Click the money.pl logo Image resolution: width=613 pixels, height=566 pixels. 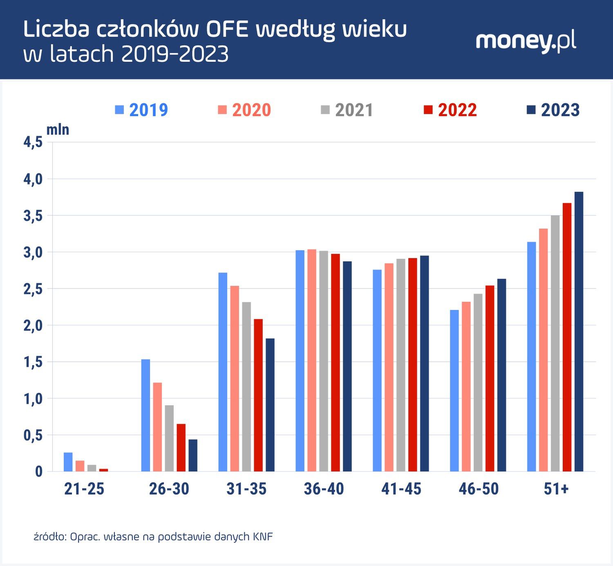(x=526, y=41)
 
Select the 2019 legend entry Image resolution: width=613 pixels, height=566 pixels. (x=142, y=110)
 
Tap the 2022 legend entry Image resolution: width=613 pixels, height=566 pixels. (x=450, y=110)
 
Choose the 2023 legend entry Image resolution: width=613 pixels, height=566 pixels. (x=553, y=110)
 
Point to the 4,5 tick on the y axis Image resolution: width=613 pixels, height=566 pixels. (x=33, y=142)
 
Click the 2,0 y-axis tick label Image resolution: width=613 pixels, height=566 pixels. (x=33, y=326)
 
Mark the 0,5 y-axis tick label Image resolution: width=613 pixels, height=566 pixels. (x=33, y=436)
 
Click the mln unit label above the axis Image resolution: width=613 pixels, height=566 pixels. (x=58, y=130)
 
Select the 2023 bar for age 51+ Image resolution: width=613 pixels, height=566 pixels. (x=579, y=331)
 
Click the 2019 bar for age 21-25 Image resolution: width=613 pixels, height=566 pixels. (x=68, y=462)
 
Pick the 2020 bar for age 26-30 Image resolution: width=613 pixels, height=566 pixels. (x=157, y=427)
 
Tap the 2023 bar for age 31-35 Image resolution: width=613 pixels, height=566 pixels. (x=270, y=405)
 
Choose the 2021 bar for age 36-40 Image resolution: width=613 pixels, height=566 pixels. (x=324, y=361)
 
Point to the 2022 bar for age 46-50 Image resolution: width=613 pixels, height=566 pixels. (x=490, y=378)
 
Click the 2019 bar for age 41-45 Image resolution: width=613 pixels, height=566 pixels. (x=377, y=371)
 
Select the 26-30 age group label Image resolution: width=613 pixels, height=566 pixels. (x=169, y=489)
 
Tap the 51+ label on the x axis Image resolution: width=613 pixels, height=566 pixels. (x=556, y=489)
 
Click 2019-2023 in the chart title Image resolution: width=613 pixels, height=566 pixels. (x=175, y=54)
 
